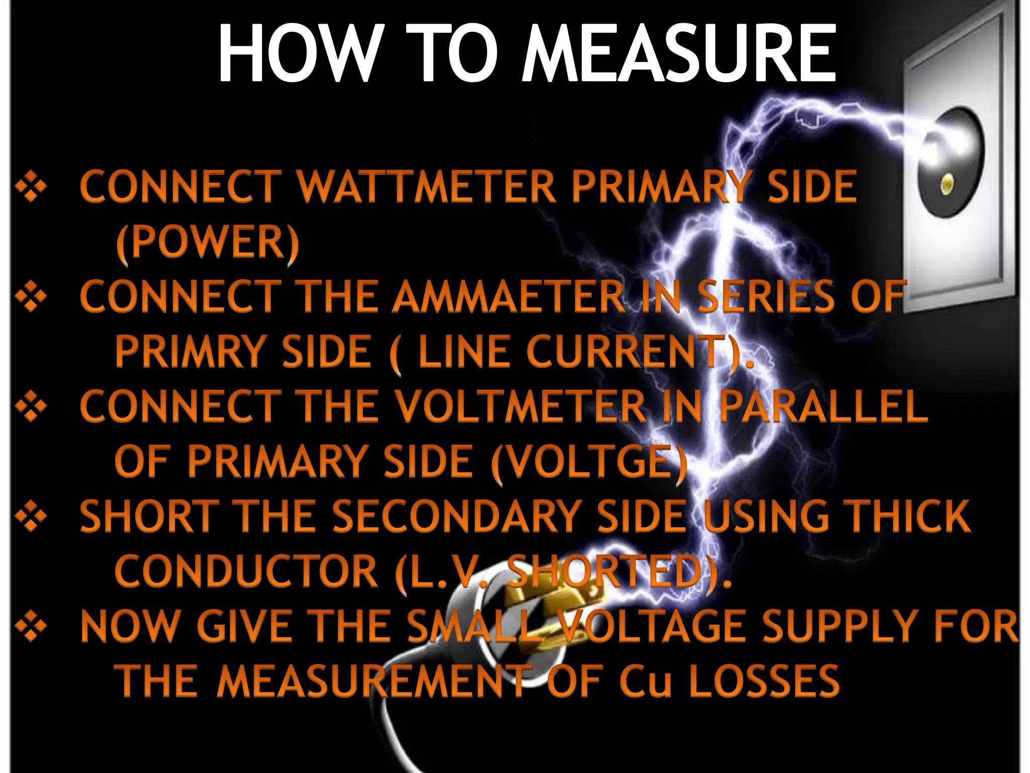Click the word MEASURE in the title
click(678, 54)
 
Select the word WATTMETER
click(426, 187)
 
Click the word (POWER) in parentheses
click(208, 243)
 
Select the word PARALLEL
click(823, 407)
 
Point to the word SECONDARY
click(457, 516)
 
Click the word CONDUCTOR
click(246, 571)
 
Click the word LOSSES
click(764, 681)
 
